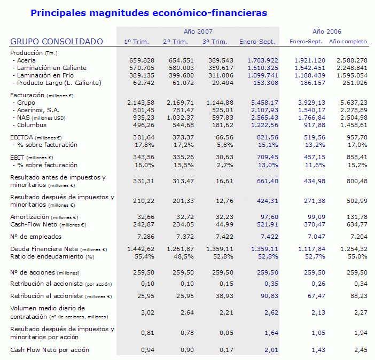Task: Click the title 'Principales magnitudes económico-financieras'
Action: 149,12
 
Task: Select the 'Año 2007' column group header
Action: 198,32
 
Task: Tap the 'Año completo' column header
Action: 348,42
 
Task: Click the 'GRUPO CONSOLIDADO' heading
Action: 57,42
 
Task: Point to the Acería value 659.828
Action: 142,60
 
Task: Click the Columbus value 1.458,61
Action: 353,125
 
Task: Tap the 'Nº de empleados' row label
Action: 36,237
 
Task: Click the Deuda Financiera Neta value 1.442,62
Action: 140,249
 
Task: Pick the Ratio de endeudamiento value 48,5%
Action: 184,256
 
